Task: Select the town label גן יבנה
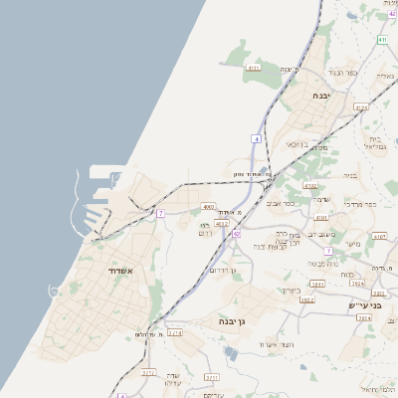click(x=232, y=322)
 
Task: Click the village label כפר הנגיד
click(x=341, y=74)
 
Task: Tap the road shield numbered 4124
click(x=360, y=106)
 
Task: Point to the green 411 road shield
click(x=381, y=40)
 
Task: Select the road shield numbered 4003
click(x=209, y=207)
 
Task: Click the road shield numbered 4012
click(x=221, y=226)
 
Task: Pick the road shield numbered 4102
click(x=309, y=185)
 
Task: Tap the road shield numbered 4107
click(x=379, y=237)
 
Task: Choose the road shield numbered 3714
click(x=174, y=334)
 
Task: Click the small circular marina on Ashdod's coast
click(x=53, y=291)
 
